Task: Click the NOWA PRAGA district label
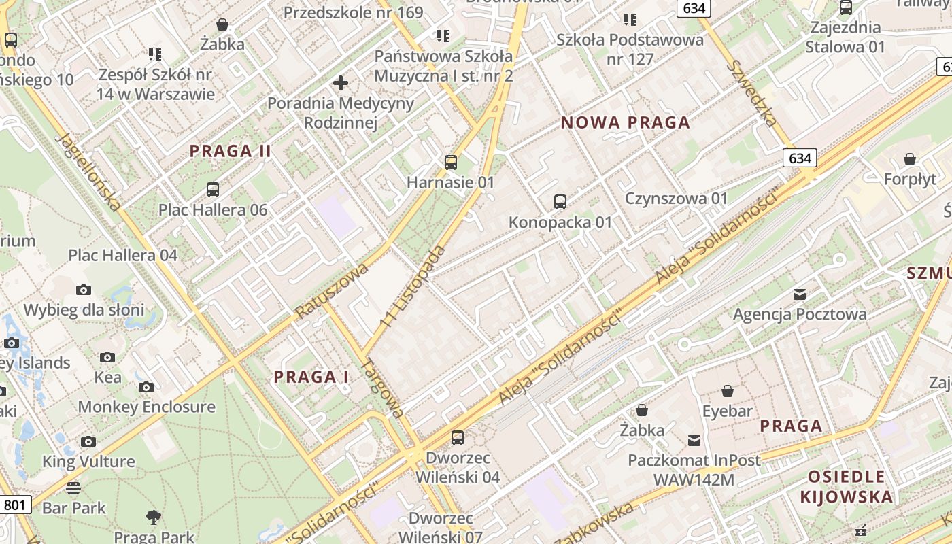625,123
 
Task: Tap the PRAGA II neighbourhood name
231,151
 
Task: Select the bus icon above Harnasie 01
450,163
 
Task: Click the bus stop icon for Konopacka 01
560,202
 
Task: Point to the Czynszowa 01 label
676,199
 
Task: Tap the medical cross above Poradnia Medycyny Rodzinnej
341,84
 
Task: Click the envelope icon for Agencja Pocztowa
800,294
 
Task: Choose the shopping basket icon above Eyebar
728,391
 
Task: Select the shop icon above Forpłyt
910,160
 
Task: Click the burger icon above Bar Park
73,488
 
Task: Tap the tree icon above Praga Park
154,517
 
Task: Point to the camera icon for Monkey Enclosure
146,388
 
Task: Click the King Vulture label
88,462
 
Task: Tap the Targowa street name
382,387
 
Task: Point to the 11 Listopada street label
413,287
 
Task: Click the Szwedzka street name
751,93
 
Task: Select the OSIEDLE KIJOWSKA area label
846,486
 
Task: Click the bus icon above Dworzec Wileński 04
458,438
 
